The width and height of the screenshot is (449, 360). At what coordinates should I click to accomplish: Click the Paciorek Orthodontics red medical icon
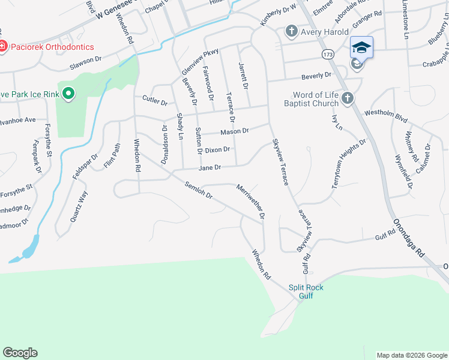coord(3,47)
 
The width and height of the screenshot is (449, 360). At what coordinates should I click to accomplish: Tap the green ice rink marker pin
coord(68,93)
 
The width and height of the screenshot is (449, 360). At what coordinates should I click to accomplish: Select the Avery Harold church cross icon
coord(291,31)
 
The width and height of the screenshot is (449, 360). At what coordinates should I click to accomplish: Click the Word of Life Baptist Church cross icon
coord(346,98)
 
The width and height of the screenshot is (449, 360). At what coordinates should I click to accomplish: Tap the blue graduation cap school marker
coord(361,47)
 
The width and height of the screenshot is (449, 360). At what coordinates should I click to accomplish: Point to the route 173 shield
coord(327,55)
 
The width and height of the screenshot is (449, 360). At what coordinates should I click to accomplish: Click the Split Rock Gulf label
coord(306,292)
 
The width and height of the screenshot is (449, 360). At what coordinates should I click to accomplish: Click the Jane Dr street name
coord(210,168)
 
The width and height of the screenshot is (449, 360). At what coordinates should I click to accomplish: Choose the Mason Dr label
coord(234,131)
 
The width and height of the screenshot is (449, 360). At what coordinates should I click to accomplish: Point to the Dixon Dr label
coord(217,150)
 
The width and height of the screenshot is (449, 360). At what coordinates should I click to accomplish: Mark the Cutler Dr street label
coord(154,102)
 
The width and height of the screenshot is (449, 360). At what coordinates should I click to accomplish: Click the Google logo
coord(20,353)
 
